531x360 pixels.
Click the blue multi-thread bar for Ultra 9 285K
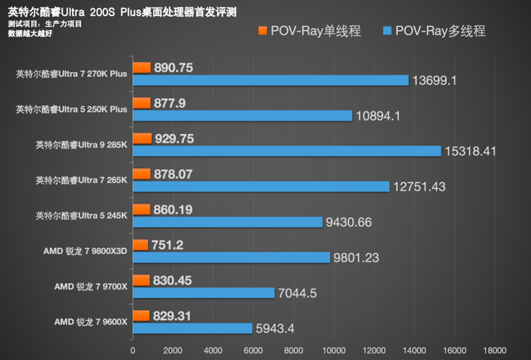click(286, 151)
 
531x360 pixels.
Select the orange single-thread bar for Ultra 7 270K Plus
click(141, 67)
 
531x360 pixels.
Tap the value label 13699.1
click(436, 80)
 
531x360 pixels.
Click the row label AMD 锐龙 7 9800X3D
click(87, 251)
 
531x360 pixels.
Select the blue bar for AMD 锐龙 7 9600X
click(192, 327)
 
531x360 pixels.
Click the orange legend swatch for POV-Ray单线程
click(262, 31)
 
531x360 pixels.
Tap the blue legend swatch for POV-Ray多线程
click(388, 31)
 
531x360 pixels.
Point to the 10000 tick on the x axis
click(333, 348)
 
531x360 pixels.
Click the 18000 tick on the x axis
click(494, 348)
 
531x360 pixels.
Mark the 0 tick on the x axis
click(132, 348)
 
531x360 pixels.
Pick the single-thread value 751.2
click(167, 245)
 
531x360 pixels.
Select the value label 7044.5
click(298, 293)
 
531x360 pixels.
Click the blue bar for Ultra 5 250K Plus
click(242, 116)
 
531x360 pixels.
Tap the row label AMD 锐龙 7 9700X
click(90, 286)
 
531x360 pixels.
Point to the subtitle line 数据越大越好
click(29, 34)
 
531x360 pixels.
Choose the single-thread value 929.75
click(174, 138)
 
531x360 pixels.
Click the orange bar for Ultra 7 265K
click(141, 173)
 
